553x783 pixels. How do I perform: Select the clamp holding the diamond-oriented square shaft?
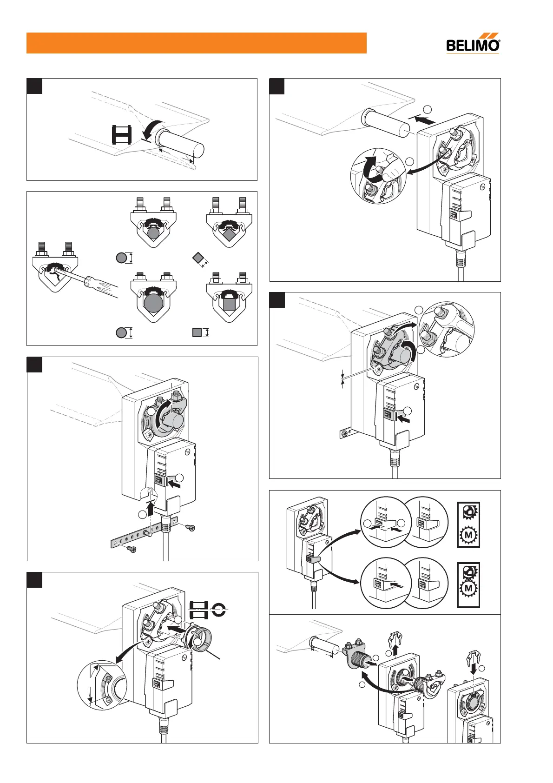229,222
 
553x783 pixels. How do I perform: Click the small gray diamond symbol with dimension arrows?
197,257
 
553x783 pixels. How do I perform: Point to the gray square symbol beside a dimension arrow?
197,332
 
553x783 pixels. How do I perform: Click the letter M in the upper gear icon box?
468,535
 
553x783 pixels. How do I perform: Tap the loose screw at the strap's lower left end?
132,550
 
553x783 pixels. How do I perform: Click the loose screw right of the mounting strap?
190,528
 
